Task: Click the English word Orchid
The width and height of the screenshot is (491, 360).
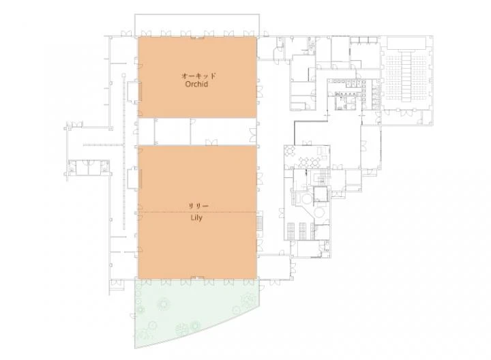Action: point(196,84)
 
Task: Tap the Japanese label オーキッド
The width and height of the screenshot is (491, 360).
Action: point(198,76)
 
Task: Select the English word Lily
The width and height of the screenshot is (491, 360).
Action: point(196,218)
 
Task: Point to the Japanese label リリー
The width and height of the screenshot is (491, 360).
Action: point(198,206)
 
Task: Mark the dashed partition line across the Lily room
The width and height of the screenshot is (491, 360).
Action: point(198,212)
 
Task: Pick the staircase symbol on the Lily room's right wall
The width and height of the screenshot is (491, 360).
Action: point(260,223)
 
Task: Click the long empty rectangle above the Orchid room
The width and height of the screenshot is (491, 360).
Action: point(197,25)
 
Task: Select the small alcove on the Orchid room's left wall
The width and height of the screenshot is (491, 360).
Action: point(134,92)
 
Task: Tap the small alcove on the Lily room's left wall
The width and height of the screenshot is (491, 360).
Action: point(134,179)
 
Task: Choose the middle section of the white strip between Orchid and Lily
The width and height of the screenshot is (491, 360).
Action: point(173,132)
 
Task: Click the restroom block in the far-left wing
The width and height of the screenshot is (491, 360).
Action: point(89,168)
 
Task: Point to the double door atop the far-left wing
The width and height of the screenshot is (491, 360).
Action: point(76,125)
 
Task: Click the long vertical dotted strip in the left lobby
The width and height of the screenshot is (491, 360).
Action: point(124,150)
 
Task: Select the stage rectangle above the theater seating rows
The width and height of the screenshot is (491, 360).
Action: point(406,43)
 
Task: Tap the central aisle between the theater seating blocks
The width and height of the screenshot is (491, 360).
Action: point(406,76)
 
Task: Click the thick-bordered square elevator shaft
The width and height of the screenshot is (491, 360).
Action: point(321,194)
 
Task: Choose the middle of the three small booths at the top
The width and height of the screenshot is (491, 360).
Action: point(363,40)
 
